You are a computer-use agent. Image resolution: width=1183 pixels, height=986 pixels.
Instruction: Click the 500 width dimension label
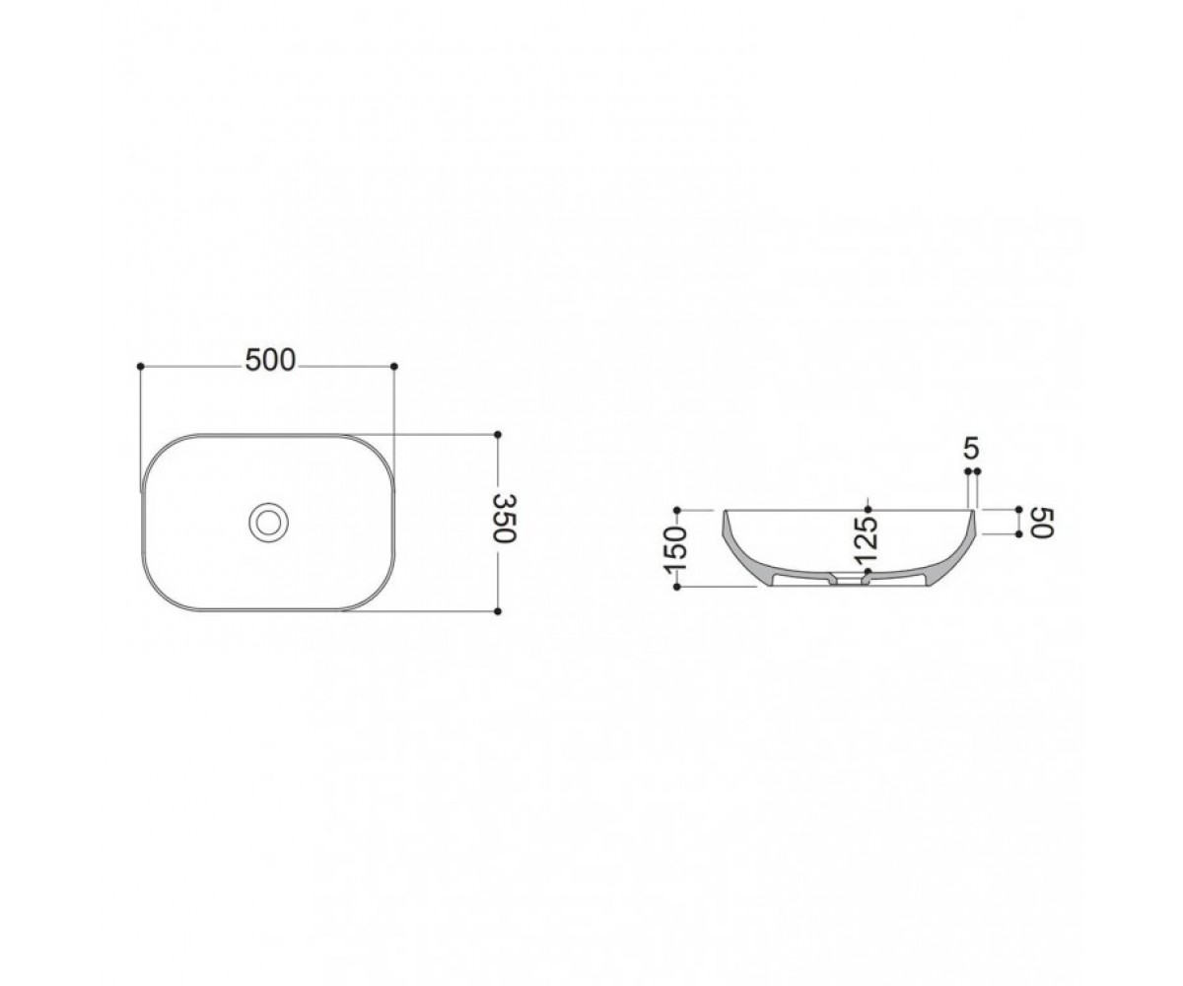(x=270, y=361)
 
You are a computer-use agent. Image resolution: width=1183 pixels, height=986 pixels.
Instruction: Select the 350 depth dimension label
(x=504, y=518)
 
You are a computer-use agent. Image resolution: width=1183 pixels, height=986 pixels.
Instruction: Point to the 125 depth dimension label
(x=868, y=539)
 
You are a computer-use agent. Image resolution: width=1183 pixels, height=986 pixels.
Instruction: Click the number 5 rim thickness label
(x=970, y=450)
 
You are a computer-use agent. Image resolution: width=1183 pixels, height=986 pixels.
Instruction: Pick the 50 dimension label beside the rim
(x=1042, y=523)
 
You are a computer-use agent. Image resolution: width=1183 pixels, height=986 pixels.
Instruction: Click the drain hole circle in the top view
(x=268, y=522)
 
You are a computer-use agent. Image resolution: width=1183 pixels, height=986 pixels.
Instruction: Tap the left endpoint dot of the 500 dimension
(x=141, y=367)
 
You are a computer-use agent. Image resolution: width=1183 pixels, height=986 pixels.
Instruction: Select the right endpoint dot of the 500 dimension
(x=394, y=367)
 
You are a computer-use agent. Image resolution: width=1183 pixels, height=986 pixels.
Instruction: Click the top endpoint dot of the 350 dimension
(x=498, y=435)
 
